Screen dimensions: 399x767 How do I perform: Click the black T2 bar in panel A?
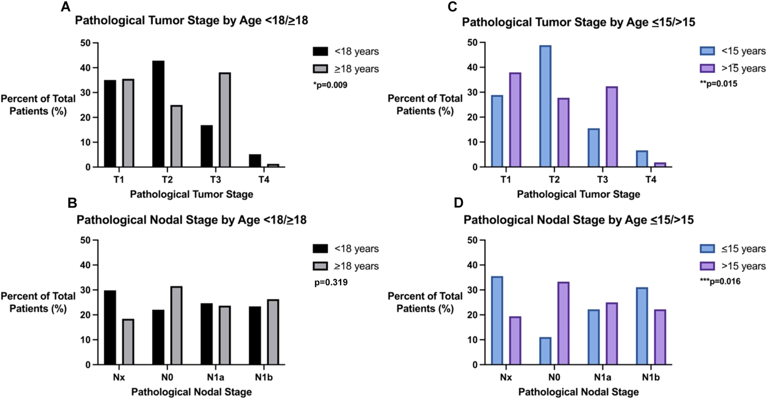pos(158,114)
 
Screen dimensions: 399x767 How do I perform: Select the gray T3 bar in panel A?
pos(225,120)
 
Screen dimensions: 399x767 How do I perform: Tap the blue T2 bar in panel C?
pos(545,106)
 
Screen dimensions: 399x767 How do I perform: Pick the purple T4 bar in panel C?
pos(660,165)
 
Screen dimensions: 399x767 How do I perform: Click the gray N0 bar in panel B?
pos(177,325)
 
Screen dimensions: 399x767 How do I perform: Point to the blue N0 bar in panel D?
pos(545,351)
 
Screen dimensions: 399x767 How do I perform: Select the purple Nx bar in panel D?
pos(516,340)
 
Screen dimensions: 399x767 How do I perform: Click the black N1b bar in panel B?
pos(255,335)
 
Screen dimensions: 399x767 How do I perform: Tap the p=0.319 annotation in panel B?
pos(331,282)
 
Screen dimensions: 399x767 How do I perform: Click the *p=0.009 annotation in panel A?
pos(330,85)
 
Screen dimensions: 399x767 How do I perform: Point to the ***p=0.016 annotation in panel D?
pos(720,281)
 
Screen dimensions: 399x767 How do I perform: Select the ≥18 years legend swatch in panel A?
pos(320,69)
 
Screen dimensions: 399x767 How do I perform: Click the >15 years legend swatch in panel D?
pos(707,266)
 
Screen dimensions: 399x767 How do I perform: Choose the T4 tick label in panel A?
pos(264,179)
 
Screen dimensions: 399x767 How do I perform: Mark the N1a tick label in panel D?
pos(603,377)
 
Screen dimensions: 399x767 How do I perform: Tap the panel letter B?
pos(72,203)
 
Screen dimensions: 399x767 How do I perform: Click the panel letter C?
pos(452,7)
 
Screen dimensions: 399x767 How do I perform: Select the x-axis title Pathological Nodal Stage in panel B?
pos(191,392)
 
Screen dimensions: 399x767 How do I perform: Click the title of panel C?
pos(578,22)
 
